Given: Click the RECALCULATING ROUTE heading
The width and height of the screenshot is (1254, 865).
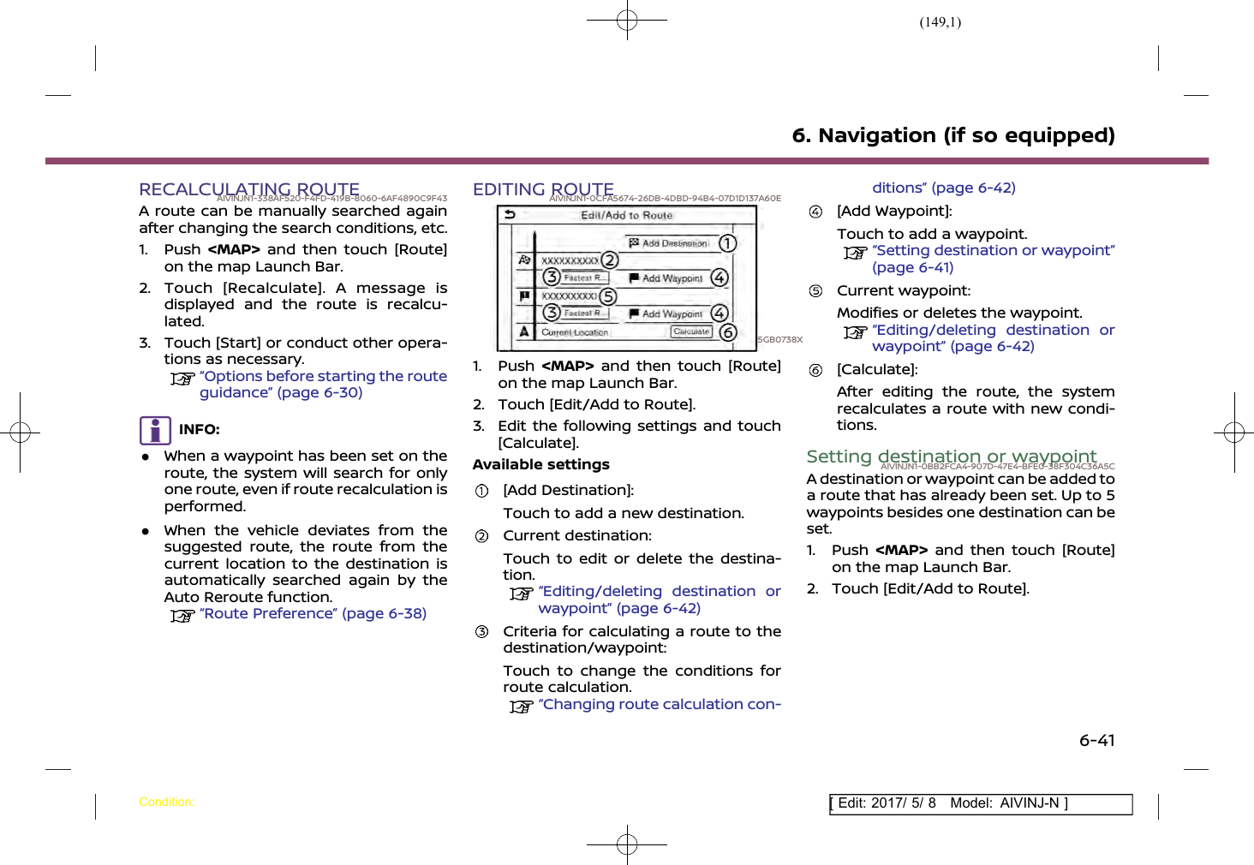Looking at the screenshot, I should (249, 189).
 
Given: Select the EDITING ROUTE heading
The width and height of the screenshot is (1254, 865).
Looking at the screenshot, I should (543, 189).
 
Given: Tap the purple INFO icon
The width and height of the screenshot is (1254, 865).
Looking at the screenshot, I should (155, 430).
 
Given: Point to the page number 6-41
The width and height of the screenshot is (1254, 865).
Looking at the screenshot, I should (1096, 740).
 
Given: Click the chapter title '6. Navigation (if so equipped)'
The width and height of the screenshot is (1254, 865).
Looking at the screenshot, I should (953, 135).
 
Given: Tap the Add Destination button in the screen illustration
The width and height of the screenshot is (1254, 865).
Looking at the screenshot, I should (669, 243).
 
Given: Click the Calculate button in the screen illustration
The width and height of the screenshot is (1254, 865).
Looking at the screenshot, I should (691, 331).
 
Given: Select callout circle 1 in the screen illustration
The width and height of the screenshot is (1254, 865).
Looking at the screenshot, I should (727, 243).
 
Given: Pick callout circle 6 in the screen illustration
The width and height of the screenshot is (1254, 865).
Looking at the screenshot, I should (727, 332).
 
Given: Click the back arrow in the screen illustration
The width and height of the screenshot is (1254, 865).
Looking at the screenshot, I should (511, 215).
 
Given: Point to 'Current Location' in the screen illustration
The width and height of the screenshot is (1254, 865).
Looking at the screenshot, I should (575, 332).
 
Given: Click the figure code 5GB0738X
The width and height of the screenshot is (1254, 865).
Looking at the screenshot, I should (780, 340).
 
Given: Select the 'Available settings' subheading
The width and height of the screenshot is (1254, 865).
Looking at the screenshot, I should (540, 464).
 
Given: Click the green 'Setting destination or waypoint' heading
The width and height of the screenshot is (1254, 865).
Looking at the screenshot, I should (951, 456).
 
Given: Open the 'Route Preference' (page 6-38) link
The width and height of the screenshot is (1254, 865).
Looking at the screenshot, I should (313, 613).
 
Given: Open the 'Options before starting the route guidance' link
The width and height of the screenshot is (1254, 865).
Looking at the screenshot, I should (323, 384).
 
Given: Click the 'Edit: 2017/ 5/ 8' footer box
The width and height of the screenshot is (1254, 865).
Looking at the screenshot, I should (980, 803).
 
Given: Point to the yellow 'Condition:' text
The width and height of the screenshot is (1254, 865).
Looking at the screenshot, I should (166, 802).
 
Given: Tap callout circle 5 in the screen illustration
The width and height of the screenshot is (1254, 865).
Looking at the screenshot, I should (607, 296).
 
